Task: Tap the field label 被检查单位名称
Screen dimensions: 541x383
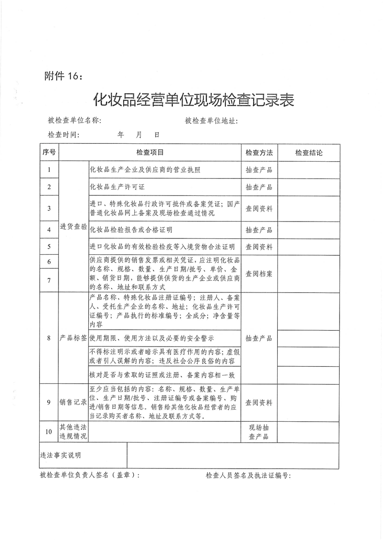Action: click(x=74, y=121)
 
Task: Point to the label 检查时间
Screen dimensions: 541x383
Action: click(x=63, y=135)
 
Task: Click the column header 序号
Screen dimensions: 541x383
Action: click(x=49, y=153)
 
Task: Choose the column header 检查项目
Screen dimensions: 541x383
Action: click(x=150, y=153)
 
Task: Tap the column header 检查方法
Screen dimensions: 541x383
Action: click(x=259, y=153)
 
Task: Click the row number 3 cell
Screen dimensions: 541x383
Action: click(x=49, y=208)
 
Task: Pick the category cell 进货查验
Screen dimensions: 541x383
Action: click(x=73, y=226)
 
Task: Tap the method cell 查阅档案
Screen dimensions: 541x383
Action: click(x=259, y=274)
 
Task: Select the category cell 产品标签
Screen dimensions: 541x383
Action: click(x=73, y=338)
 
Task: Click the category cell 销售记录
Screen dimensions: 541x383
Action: click(x=73, y=402)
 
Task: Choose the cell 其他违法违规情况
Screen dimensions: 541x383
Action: click(x=73, y=431)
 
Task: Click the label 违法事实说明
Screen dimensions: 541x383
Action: click(x=61, y=456)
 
